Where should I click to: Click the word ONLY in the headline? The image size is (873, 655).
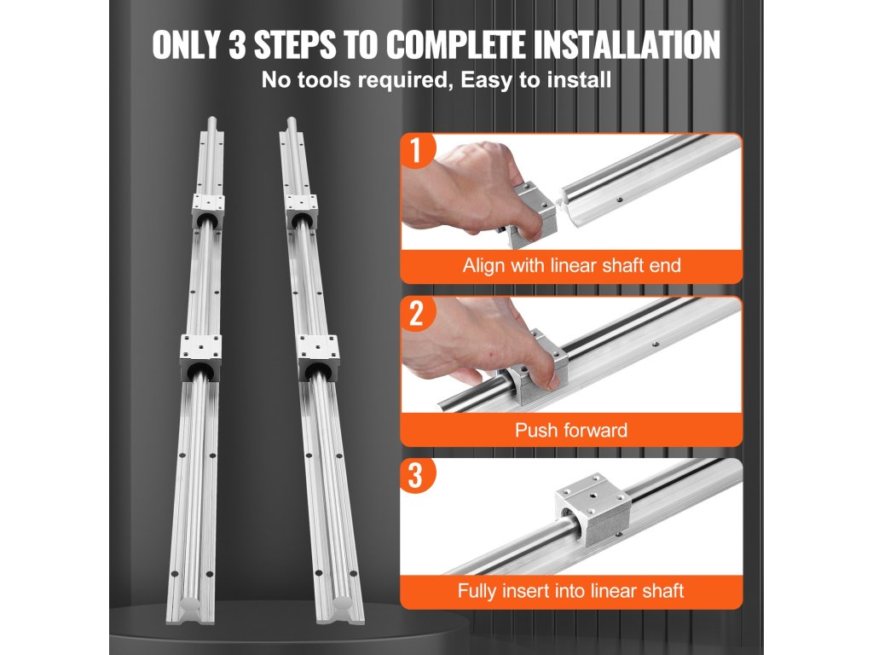click(x=187, y=44)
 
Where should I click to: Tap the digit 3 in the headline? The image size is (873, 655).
click(x=237, y=44)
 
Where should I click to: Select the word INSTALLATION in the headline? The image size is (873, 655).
click(x=627, y=44)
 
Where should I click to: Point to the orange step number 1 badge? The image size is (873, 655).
click(x=416, y=150)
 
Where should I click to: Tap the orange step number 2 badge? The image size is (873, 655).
click(x=416, y=314)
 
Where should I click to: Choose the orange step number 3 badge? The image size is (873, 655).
click(x=416, y=475)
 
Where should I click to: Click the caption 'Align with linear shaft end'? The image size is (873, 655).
click(x=572, y=265)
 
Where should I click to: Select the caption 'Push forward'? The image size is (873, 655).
click(x=571, y=430)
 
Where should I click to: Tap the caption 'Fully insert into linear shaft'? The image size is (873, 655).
click(x=570, y=590)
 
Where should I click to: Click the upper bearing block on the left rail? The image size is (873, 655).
click(x=208, y=212)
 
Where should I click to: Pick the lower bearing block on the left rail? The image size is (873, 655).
click(x=199, y=357)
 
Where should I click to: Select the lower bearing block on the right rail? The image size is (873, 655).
click(x=318, y=357)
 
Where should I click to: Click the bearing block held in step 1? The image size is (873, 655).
click(x=532, y=214)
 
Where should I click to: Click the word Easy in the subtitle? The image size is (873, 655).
click(x=486, y=79)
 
